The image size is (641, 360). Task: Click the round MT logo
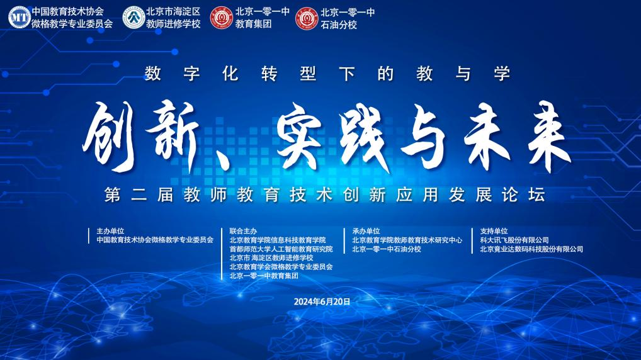click(20, 18)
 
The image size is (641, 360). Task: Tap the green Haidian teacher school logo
click(134, 18)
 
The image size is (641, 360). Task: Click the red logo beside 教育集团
click(222, 18)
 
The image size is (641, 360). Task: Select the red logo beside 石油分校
click(307, 18)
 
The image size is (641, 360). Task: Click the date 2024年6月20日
click(322, 301)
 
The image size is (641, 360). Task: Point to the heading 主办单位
click(110, 231)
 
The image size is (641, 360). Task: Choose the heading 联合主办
click(243, 231)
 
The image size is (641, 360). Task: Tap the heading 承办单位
click(366, 231)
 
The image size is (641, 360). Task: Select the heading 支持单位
click(494, 231)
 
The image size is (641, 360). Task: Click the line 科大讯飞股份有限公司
click(514, 240)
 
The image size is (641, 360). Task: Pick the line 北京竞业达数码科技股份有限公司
click(531, 249)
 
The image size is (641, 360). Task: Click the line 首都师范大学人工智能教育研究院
click(281, 249)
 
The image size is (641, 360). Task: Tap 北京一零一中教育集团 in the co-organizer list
click(264, 276)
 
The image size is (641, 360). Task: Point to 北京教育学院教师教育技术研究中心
click(407, 240)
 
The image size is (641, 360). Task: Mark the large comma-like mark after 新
click(221, 160)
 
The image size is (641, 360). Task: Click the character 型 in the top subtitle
click(308, 74)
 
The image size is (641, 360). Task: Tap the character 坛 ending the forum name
click(536, 194)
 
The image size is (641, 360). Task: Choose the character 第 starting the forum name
click(113, 194)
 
